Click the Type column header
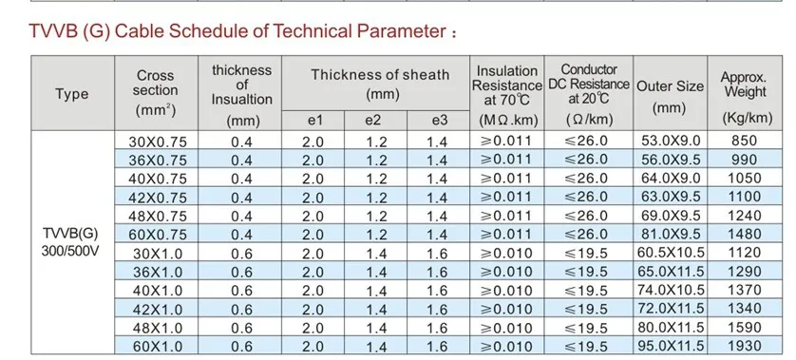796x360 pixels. click(72, 94)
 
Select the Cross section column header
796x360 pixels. click(156, 93)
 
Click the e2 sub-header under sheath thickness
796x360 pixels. click(375, 121)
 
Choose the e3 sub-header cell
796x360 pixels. click(440, 121)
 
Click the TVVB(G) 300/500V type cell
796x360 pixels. click(71, 242)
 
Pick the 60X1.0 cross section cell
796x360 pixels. click(158, 347)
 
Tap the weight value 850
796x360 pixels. click(744, 141)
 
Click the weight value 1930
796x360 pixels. click(745, 346)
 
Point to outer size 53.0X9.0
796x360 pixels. click(671, 141)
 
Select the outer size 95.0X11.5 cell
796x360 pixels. click(671, 346)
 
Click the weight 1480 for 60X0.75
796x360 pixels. click(745, 234)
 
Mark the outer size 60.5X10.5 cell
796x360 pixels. click(671, 253)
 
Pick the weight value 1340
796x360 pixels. click(745, 308)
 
